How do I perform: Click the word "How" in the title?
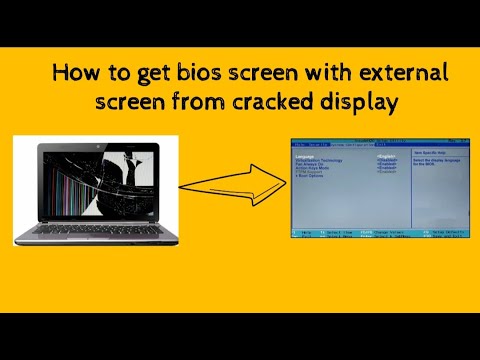[x=73, y=74]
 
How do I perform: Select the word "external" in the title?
[x=399, y=74]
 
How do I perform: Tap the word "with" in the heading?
[x=320, y=74]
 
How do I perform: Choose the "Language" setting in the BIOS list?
[x=305, y=156]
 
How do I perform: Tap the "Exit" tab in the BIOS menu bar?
[x=380, y=144]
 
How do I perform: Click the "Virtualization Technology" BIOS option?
[x=318, y=160]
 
